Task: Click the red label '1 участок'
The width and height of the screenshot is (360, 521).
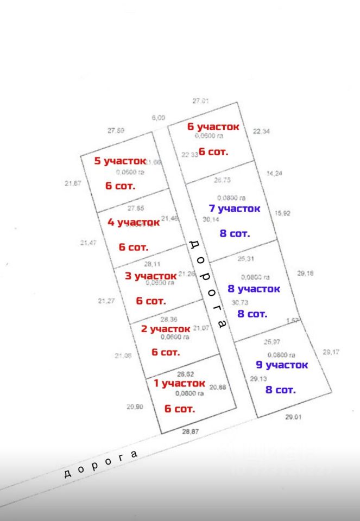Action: [x=180, y=383]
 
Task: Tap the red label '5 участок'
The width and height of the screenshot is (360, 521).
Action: [x=120, y=161]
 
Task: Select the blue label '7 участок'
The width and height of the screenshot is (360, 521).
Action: [x=235, y=208]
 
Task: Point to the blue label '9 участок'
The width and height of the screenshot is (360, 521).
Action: [x=282, y=365]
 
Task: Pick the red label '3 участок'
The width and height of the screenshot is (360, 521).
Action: [x=151, y=276]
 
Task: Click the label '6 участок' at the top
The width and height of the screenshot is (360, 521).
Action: [x=213, y=126]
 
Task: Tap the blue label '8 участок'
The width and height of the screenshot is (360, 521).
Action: [x=254, y=289]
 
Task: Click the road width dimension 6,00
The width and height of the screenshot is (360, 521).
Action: [x=158, y=117]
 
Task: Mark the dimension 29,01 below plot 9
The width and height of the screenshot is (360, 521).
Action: [x=293, y=417]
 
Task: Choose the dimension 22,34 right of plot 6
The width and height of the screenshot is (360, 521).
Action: [x=261, y=131]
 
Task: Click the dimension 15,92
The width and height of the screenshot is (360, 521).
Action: [x=283, y=213]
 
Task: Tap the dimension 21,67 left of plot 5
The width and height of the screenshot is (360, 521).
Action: [x=73, y=183]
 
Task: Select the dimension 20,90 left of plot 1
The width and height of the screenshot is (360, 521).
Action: [x=135, y=406]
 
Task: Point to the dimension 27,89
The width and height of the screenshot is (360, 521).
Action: [x=116, y=130]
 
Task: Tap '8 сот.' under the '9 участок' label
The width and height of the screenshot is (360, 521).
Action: [x=280, y=390]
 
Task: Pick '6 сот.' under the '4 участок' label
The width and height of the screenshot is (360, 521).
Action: [x=134, y=247]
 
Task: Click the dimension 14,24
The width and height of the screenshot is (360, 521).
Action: [x=276, y=174]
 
